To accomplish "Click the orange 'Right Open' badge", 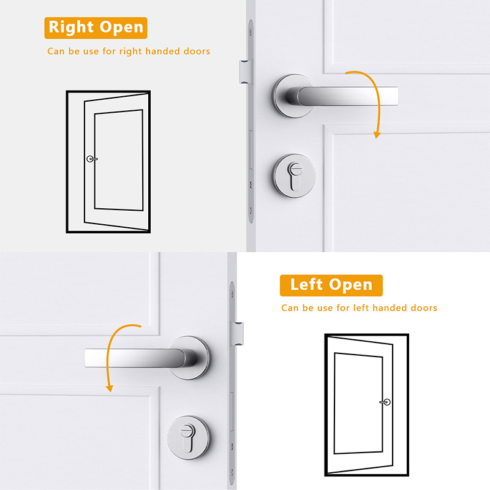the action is pyautogui.click(x=96, y=28).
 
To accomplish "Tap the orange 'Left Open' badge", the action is pyautogui.click(x=331, y=285).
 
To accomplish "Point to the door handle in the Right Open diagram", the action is pyautogui.click(x=91, y=159).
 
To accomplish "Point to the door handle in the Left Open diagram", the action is pyautogui.click(x=385, y=402).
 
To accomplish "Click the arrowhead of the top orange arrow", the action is pyautogui.click(x=377, y=135).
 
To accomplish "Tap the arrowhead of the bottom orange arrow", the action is pyautogui.click(x=110, y=388).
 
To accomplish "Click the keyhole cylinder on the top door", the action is pyautogui.click(x=295, y=176).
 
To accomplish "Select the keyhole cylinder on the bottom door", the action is pyautogui.click(x=189, y=437).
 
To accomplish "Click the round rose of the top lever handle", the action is pyautogui.click(x=293, y=96).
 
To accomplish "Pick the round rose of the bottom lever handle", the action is pyautogui.click(x=190, y=358).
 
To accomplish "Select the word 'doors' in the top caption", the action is pyautogui.click(x=197, y=51).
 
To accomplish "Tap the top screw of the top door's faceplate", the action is pyautogui.click(x=251, y=32).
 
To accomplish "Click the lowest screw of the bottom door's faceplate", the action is pyautogui.click(x=232, y=471).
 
